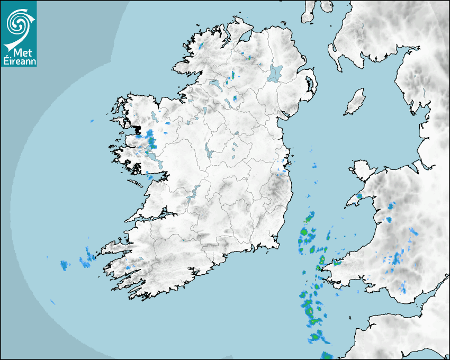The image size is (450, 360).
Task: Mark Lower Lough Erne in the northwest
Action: click(x=214, y=84)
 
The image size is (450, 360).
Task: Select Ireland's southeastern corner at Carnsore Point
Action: click(x=276, y=245)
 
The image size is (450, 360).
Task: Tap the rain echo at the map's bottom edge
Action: click(x=327, y=356)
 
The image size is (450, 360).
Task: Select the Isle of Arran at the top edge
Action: click(x=308, y=12)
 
